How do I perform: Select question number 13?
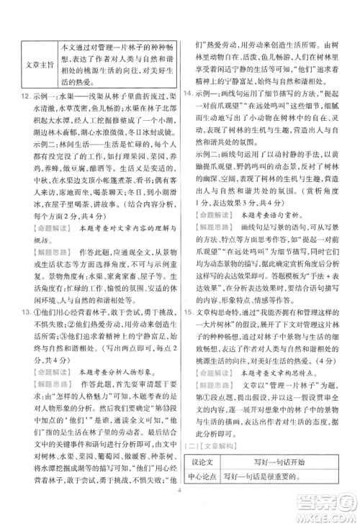[x=26, y=311]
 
